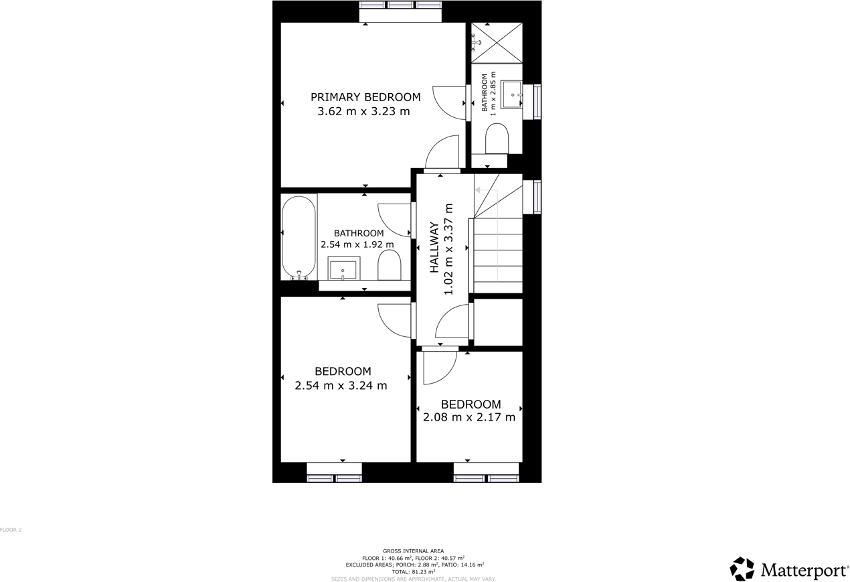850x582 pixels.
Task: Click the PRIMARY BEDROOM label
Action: pos(365,97)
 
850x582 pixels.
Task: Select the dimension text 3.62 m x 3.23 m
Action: pos(363,112)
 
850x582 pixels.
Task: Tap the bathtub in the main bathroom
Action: pos(299,236)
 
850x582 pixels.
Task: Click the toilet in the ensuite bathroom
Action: pos(497,139)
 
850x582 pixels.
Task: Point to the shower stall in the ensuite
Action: pos(497,43)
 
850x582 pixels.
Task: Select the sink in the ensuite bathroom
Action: pos(512,95)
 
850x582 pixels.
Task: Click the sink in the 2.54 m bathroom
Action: pos(343,269)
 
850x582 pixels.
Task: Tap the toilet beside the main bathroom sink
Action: pos(389,266)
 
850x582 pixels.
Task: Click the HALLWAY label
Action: pos(434,247)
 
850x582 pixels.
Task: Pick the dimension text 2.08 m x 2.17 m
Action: pos(469,417)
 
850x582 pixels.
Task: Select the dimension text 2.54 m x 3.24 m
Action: pos(341,386)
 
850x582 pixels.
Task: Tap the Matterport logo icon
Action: pos(742,569)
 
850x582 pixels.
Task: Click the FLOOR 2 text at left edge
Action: pos(11,530)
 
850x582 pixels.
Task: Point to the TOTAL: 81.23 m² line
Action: pos(413,572)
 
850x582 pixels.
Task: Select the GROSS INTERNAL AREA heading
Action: pos(413,551)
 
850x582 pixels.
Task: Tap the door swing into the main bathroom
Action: pos(395,220)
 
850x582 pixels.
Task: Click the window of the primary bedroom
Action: pos(400,5)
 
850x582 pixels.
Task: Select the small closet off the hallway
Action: pos(498,322)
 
